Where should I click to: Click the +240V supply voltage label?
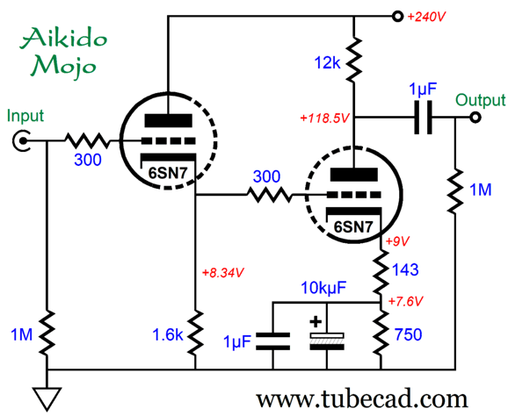[426, 17]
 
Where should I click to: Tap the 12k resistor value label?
[327, 62]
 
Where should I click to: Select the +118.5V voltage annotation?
[324, 118]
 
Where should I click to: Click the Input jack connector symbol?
[21, 140]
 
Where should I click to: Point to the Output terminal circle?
[475, 117]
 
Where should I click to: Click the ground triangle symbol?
[47, 398]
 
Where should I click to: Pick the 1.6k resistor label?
[168, 334]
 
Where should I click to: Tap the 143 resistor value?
[405, 269]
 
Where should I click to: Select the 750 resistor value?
[408, 334]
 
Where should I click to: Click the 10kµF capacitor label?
[323, 288]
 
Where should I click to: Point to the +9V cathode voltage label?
[397, 241]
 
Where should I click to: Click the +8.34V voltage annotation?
[222, 273]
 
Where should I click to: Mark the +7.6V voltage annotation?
[405, 302]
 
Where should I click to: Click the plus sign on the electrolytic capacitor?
[316, 322]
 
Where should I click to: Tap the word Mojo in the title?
[63, 67]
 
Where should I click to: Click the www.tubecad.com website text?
[362, 399]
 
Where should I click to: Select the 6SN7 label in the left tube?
[168, 174]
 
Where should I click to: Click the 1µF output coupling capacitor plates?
[423, 117]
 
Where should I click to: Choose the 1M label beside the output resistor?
[481, 190]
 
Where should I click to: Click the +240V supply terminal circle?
[397, 16]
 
